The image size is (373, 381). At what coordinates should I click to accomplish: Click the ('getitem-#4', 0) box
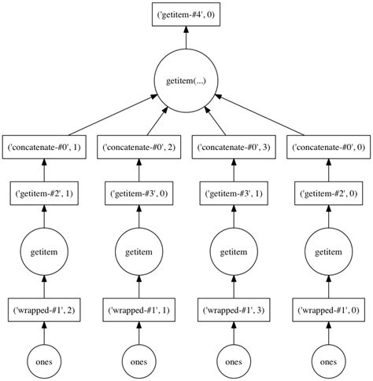tap(186, 13)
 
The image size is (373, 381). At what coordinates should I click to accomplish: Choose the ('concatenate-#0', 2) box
tap(139, 146)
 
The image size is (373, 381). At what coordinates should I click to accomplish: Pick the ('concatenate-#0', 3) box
tap(233, 146)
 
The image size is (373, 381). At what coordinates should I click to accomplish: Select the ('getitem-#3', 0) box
tap(139, 192)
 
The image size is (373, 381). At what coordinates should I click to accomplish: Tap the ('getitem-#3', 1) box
tap(233, 192)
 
